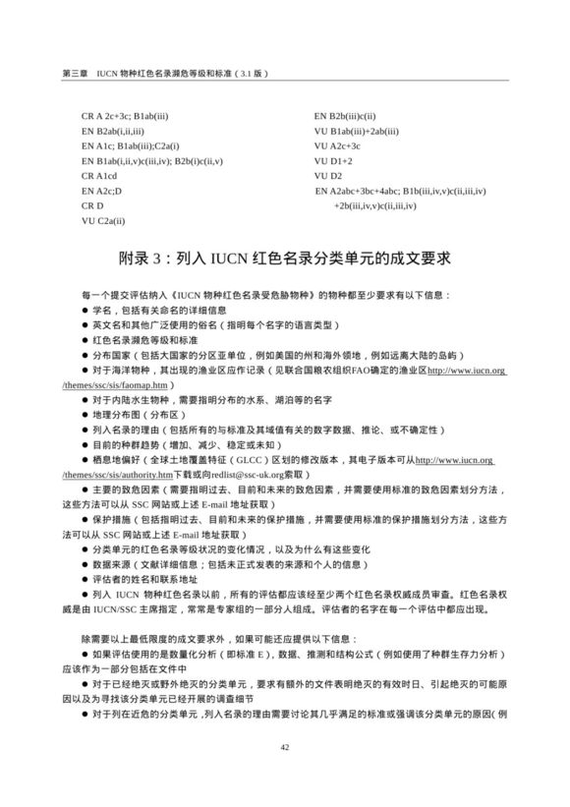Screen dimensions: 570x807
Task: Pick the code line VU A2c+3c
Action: pos(338,145)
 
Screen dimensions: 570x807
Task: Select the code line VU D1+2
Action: pos(333,160)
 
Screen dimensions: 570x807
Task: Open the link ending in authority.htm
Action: pos(123,476)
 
